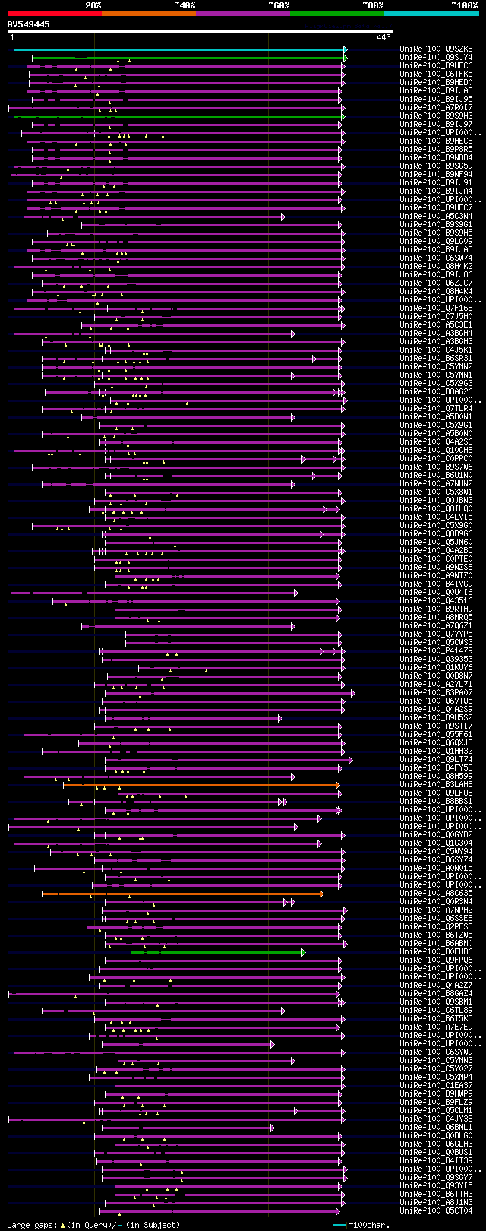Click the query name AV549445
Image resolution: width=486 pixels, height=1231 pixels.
(29, 24)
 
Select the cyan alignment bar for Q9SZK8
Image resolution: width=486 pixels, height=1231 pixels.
(178, 49)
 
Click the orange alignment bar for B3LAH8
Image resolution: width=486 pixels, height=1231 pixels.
(201, 785)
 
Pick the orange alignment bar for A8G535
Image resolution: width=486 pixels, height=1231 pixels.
(182, 894)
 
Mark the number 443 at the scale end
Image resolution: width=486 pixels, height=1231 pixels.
(383, 37)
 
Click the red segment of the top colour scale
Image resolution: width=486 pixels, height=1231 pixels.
(54, 13)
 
